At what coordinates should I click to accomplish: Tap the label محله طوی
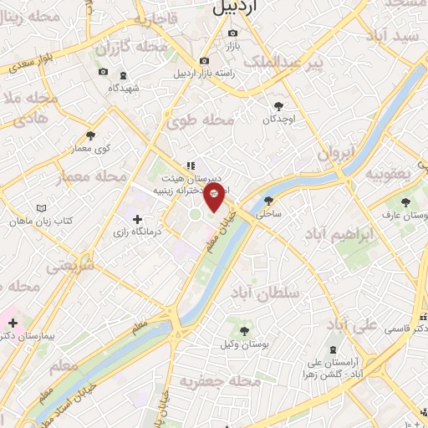[200, 121]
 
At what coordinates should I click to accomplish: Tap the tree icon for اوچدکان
[279, 106]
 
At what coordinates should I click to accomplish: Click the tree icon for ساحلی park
[268, 201]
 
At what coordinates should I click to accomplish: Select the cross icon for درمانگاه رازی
[138, 219]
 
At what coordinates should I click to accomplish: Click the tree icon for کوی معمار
[90, 135]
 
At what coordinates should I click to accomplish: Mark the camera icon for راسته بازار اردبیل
[204, 61]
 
